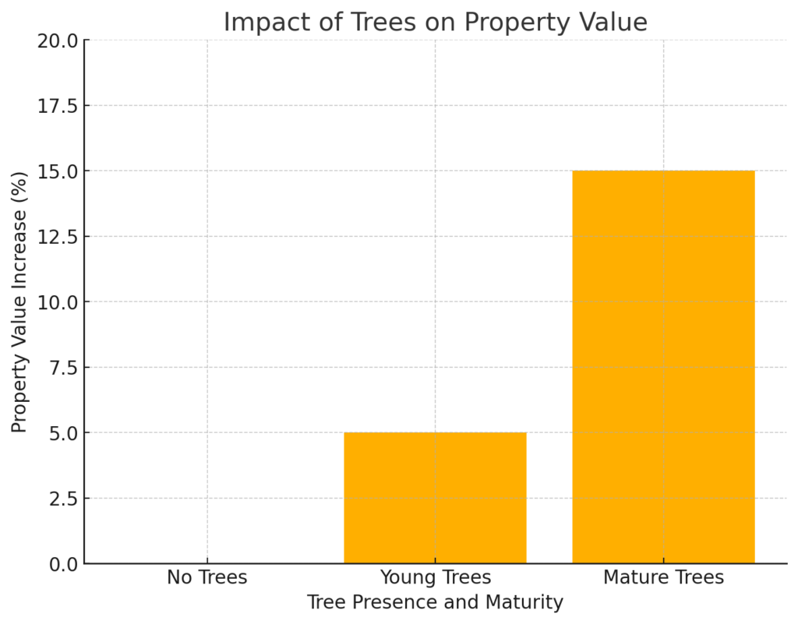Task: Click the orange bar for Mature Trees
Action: (663, 366)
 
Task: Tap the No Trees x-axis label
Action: (207, 577)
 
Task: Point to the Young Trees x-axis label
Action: (435, 577)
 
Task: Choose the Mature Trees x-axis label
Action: (663, 577)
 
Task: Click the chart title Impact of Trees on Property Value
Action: (435, 22)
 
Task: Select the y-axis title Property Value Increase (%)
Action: (19, 301)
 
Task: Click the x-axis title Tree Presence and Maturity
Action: (435, 602)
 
